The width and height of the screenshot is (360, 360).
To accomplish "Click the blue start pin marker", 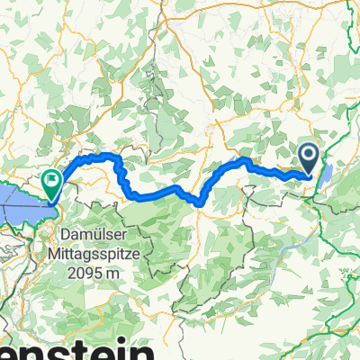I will pos(309,158).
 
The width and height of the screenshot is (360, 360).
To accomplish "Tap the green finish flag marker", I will pos(52,184).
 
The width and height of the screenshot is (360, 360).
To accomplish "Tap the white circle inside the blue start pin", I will pos(309,155).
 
